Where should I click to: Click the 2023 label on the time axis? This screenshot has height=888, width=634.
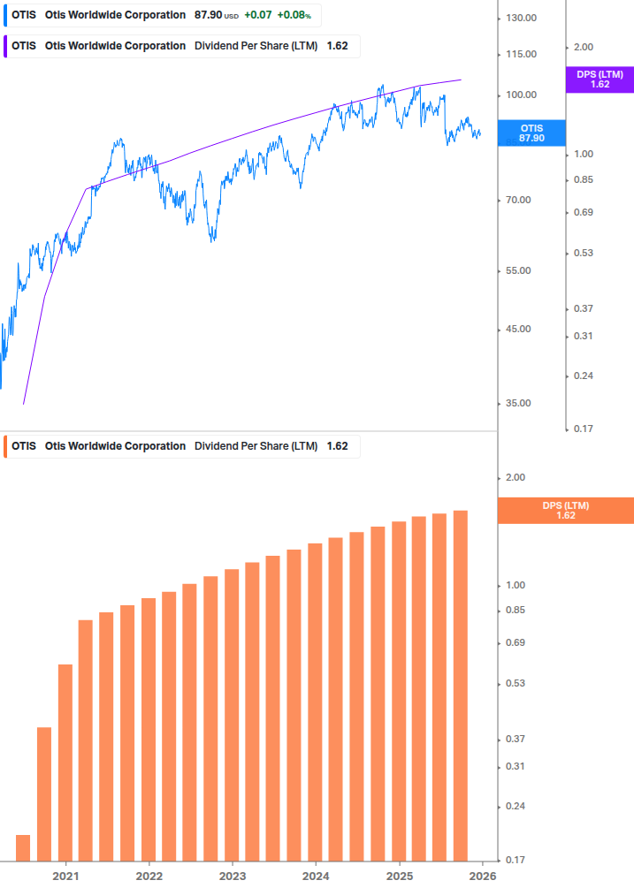click(x=232, y=877)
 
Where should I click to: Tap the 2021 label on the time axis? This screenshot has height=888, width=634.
click(x=65, y=877)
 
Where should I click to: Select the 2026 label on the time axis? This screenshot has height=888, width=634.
click(x=482, y=877)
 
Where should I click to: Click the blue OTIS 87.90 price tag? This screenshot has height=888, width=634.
click(x=531, y=133)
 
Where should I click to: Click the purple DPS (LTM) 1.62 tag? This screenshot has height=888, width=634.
click(x=600, y=80)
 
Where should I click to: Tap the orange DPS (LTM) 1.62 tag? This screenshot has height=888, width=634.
click(x=566, y=510)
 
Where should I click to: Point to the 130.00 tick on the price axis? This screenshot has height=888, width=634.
click(x=521, y=18)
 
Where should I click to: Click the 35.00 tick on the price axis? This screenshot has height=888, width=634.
click(x=518, y=403)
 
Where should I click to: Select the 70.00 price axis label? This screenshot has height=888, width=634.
click(x=518, y=200)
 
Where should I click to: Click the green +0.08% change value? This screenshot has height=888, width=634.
click(x=294, y=15)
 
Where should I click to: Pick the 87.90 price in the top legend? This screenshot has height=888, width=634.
click(x=208, y=15)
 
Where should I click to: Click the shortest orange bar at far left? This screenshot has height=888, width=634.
click(x=23, y=847)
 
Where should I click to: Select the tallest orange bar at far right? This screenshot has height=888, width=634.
click(x=460, y=685)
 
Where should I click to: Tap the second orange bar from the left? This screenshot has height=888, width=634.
click(x=44, y=793)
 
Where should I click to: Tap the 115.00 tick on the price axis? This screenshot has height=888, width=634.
click(x=521, y=54)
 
